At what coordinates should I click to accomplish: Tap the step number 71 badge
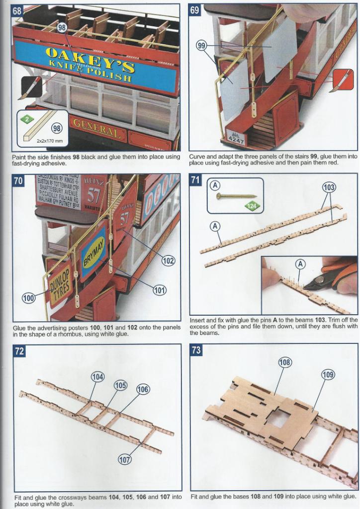point(196,180)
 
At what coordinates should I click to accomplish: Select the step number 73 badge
point(196,350)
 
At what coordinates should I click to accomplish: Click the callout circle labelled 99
point(201,46)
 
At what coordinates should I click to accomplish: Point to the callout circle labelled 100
point(28,298)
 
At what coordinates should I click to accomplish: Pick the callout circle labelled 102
point(169,259)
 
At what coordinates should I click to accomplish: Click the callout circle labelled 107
point(124,459)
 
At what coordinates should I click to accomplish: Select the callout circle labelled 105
point(121,385)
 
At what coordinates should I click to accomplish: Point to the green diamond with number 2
point(25,119)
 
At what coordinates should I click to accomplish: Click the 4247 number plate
point(235,138)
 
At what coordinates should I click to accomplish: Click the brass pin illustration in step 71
point(236,196)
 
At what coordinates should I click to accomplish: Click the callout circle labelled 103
point(329,188)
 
